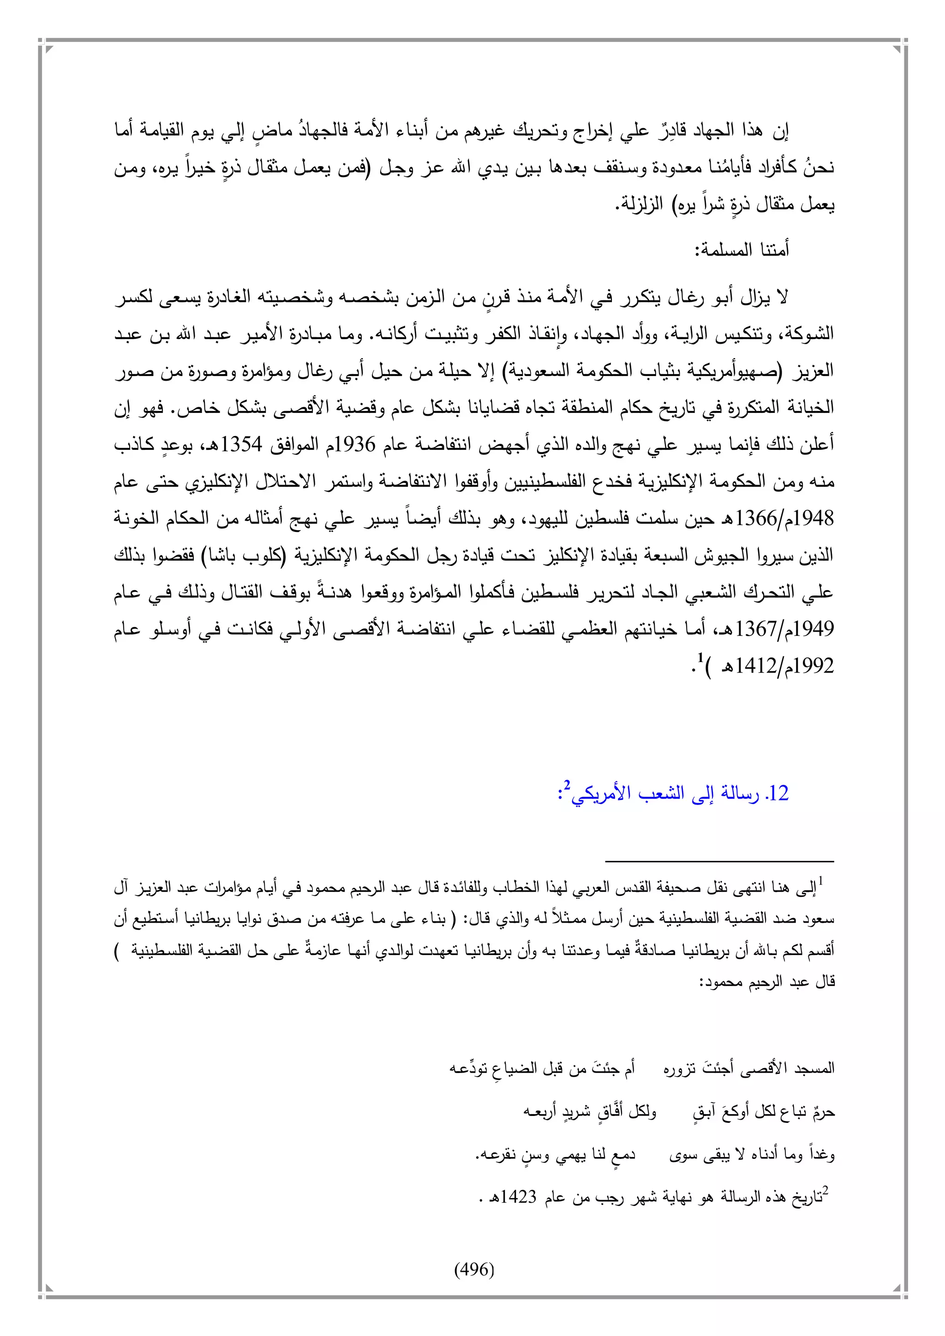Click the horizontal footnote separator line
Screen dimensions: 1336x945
[719, 860]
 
